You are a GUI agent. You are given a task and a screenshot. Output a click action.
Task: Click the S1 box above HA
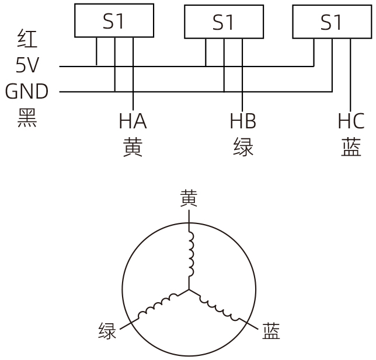(114, 21)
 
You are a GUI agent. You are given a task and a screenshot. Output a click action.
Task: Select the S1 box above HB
(223, 23)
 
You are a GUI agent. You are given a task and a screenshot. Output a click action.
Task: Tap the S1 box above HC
(331, 23)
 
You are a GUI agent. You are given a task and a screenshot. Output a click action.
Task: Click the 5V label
(27, 65)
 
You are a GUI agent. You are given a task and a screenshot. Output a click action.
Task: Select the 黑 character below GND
(27, 117)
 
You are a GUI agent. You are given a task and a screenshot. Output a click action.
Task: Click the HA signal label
(133, 121)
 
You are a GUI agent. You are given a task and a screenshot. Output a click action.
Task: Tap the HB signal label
(243, 121)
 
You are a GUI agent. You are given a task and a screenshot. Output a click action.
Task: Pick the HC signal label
(351, 121)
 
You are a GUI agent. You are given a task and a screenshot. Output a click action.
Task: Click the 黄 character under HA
(133, 148)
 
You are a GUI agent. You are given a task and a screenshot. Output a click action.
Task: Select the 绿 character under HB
(243, 148)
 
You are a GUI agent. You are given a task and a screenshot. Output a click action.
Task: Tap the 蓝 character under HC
(351, 148)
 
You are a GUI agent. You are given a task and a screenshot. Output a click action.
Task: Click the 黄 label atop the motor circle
(189, 198)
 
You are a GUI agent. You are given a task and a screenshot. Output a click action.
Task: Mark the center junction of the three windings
(189, 289)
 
